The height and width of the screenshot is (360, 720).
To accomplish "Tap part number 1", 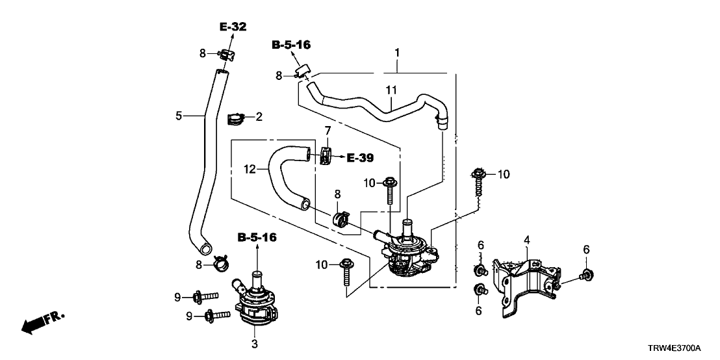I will pyautogui.click(x=396, y=51).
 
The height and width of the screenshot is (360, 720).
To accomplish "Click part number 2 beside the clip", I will pyautogui.click(x=259, y=117).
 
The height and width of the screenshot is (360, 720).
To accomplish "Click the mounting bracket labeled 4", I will pyautogui.click(x=526, y=286).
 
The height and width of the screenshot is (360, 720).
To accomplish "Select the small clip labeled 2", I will pyautogui.click(x=235, y=118).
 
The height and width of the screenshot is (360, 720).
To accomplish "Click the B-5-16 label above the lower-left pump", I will pyautogui.click(x=257, y=238).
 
